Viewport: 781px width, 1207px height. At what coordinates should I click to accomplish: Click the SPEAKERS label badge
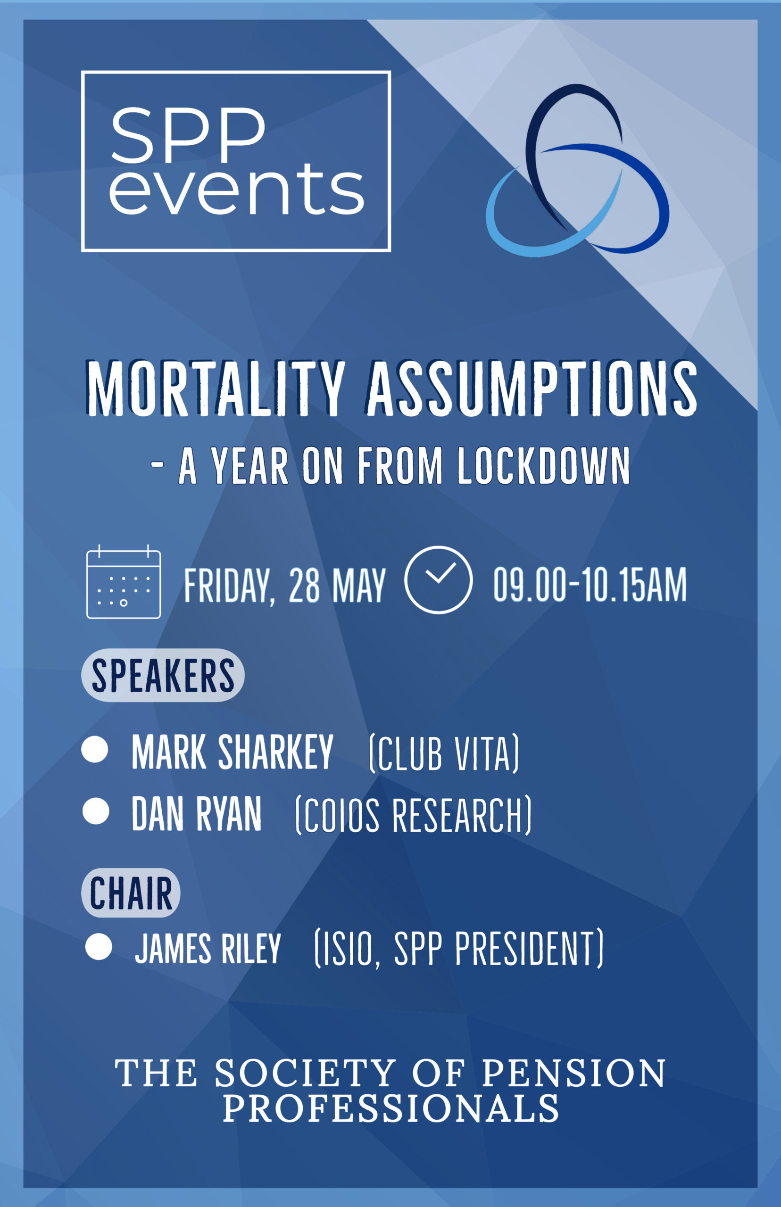[163, 675]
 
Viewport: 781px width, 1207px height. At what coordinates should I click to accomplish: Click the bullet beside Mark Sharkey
[95, 749]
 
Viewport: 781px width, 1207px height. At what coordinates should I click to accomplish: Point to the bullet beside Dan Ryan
[96, 811]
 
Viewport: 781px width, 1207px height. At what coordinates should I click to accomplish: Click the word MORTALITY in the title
[216, 389]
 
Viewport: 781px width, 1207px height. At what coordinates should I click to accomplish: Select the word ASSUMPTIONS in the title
[532, 389]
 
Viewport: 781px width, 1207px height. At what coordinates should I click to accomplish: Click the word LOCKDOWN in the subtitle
[544, 465]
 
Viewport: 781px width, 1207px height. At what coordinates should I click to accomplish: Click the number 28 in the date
[304, 586]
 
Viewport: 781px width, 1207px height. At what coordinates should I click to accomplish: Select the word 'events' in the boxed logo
[237, 189]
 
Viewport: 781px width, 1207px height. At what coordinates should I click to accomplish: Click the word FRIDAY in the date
[230, 587]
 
